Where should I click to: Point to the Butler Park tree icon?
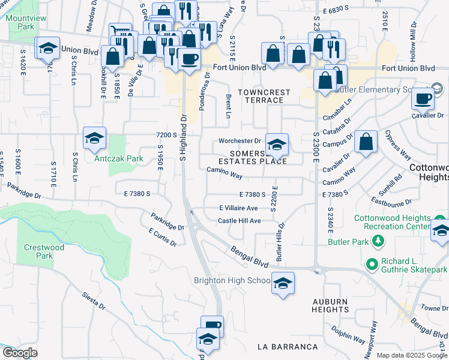(378, 241)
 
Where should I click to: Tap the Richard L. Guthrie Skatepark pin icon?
(372, 263)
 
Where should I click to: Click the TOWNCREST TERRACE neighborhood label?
(264, 96)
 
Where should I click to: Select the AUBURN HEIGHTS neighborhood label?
(330, 305)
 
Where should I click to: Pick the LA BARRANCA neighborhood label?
(287, 347)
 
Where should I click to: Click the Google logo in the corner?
(20, 353)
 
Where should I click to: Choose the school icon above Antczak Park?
(94, 138)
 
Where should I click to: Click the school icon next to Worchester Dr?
(277, 144)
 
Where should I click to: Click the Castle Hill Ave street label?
(239, 221)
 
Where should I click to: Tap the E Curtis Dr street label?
(162, 237)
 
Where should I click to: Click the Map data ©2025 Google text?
(412, 355)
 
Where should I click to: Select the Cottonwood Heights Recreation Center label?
(401, 223)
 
